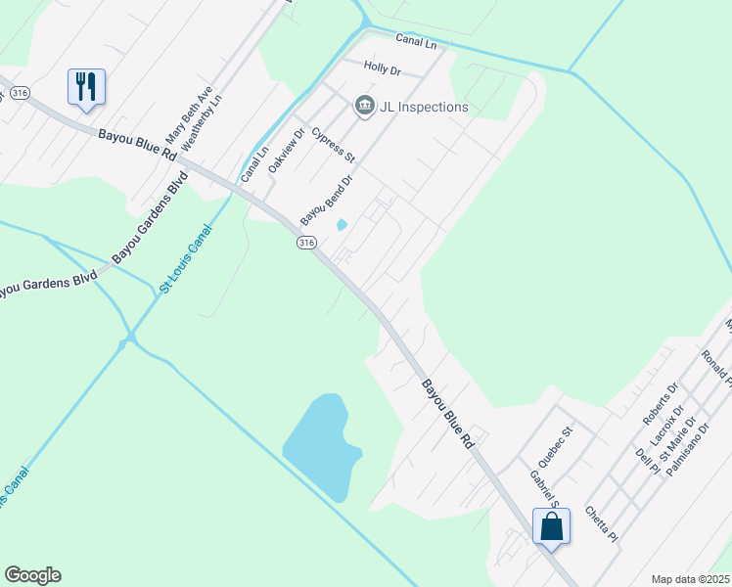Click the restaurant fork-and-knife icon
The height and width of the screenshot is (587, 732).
coord(87,86)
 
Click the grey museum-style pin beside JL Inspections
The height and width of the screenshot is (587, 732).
coord(365,105)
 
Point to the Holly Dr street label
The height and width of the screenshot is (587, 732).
coord(383,68)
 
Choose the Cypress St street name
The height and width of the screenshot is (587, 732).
coord(333,144)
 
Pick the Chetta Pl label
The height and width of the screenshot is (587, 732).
coord(601,523)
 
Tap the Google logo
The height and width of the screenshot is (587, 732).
coord(32,575)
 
